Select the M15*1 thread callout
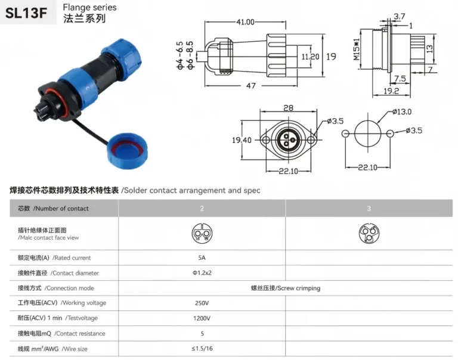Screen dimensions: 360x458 click(x=356, y=49)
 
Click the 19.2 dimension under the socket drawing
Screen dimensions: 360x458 click(x=391, y=91)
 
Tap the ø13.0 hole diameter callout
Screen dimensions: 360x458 click(x=401, y=111)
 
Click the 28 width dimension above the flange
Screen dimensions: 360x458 click(x=289, y=108)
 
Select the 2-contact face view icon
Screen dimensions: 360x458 click(x=202, y=233)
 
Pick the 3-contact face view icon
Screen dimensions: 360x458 click(x=369, y=233)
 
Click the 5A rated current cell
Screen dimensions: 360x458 click(x=202, y=258)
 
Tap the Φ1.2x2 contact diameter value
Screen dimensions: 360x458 click(x=202, y=273)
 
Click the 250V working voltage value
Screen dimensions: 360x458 click(x=202, y=303)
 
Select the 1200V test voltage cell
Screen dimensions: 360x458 click(x=202, y=318)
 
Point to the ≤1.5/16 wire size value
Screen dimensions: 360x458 click(x=202, y=348)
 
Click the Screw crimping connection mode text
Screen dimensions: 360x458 click(x=285, y=288)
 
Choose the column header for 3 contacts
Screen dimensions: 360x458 click(x=369, y=208)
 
